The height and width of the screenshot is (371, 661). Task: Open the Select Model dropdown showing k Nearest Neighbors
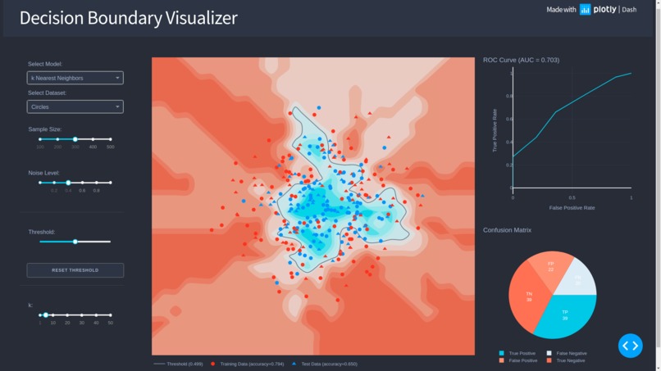pyautogui.click(x=75, y=78)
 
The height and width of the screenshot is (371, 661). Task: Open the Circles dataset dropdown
pyautogui.click(x=75, y=106)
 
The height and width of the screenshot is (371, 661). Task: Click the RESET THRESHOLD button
pyautogui.click(x=75, y=269)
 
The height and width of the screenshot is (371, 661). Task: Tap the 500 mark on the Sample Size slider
pyautogui.click(x=111, y=139)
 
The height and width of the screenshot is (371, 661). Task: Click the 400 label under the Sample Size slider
pyautogui.click(x=93, y=147)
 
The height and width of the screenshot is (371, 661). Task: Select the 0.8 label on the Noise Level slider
pyautogui.click(x=96, y=190)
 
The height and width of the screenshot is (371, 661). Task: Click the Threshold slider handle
pyautogui.click(x=75, y=242)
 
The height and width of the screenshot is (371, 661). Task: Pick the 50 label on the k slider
pyautogui.click(x=111, y=323)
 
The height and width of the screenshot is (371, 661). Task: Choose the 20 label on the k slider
pyautogui.click(x=68, y=323)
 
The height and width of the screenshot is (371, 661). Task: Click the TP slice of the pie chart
pyautogui.click(x=565, y=315)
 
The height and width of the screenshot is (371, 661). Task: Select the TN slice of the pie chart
pyautogui.click(x=530, y=296)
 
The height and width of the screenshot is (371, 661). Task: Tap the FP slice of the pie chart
pyautogui.click(x=550, y=266)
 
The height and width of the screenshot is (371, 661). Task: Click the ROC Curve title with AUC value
pyautogui.click(x=521, y=60)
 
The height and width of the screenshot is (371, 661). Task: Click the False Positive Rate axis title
pyautogui.click(x=572, y=208)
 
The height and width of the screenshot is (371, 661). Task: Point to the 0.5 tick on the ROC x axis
pyautogui.click(x=572, y=197)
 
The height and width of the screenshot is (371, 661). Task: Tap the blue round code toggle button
pyautogui.click(x=630, y=346)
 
